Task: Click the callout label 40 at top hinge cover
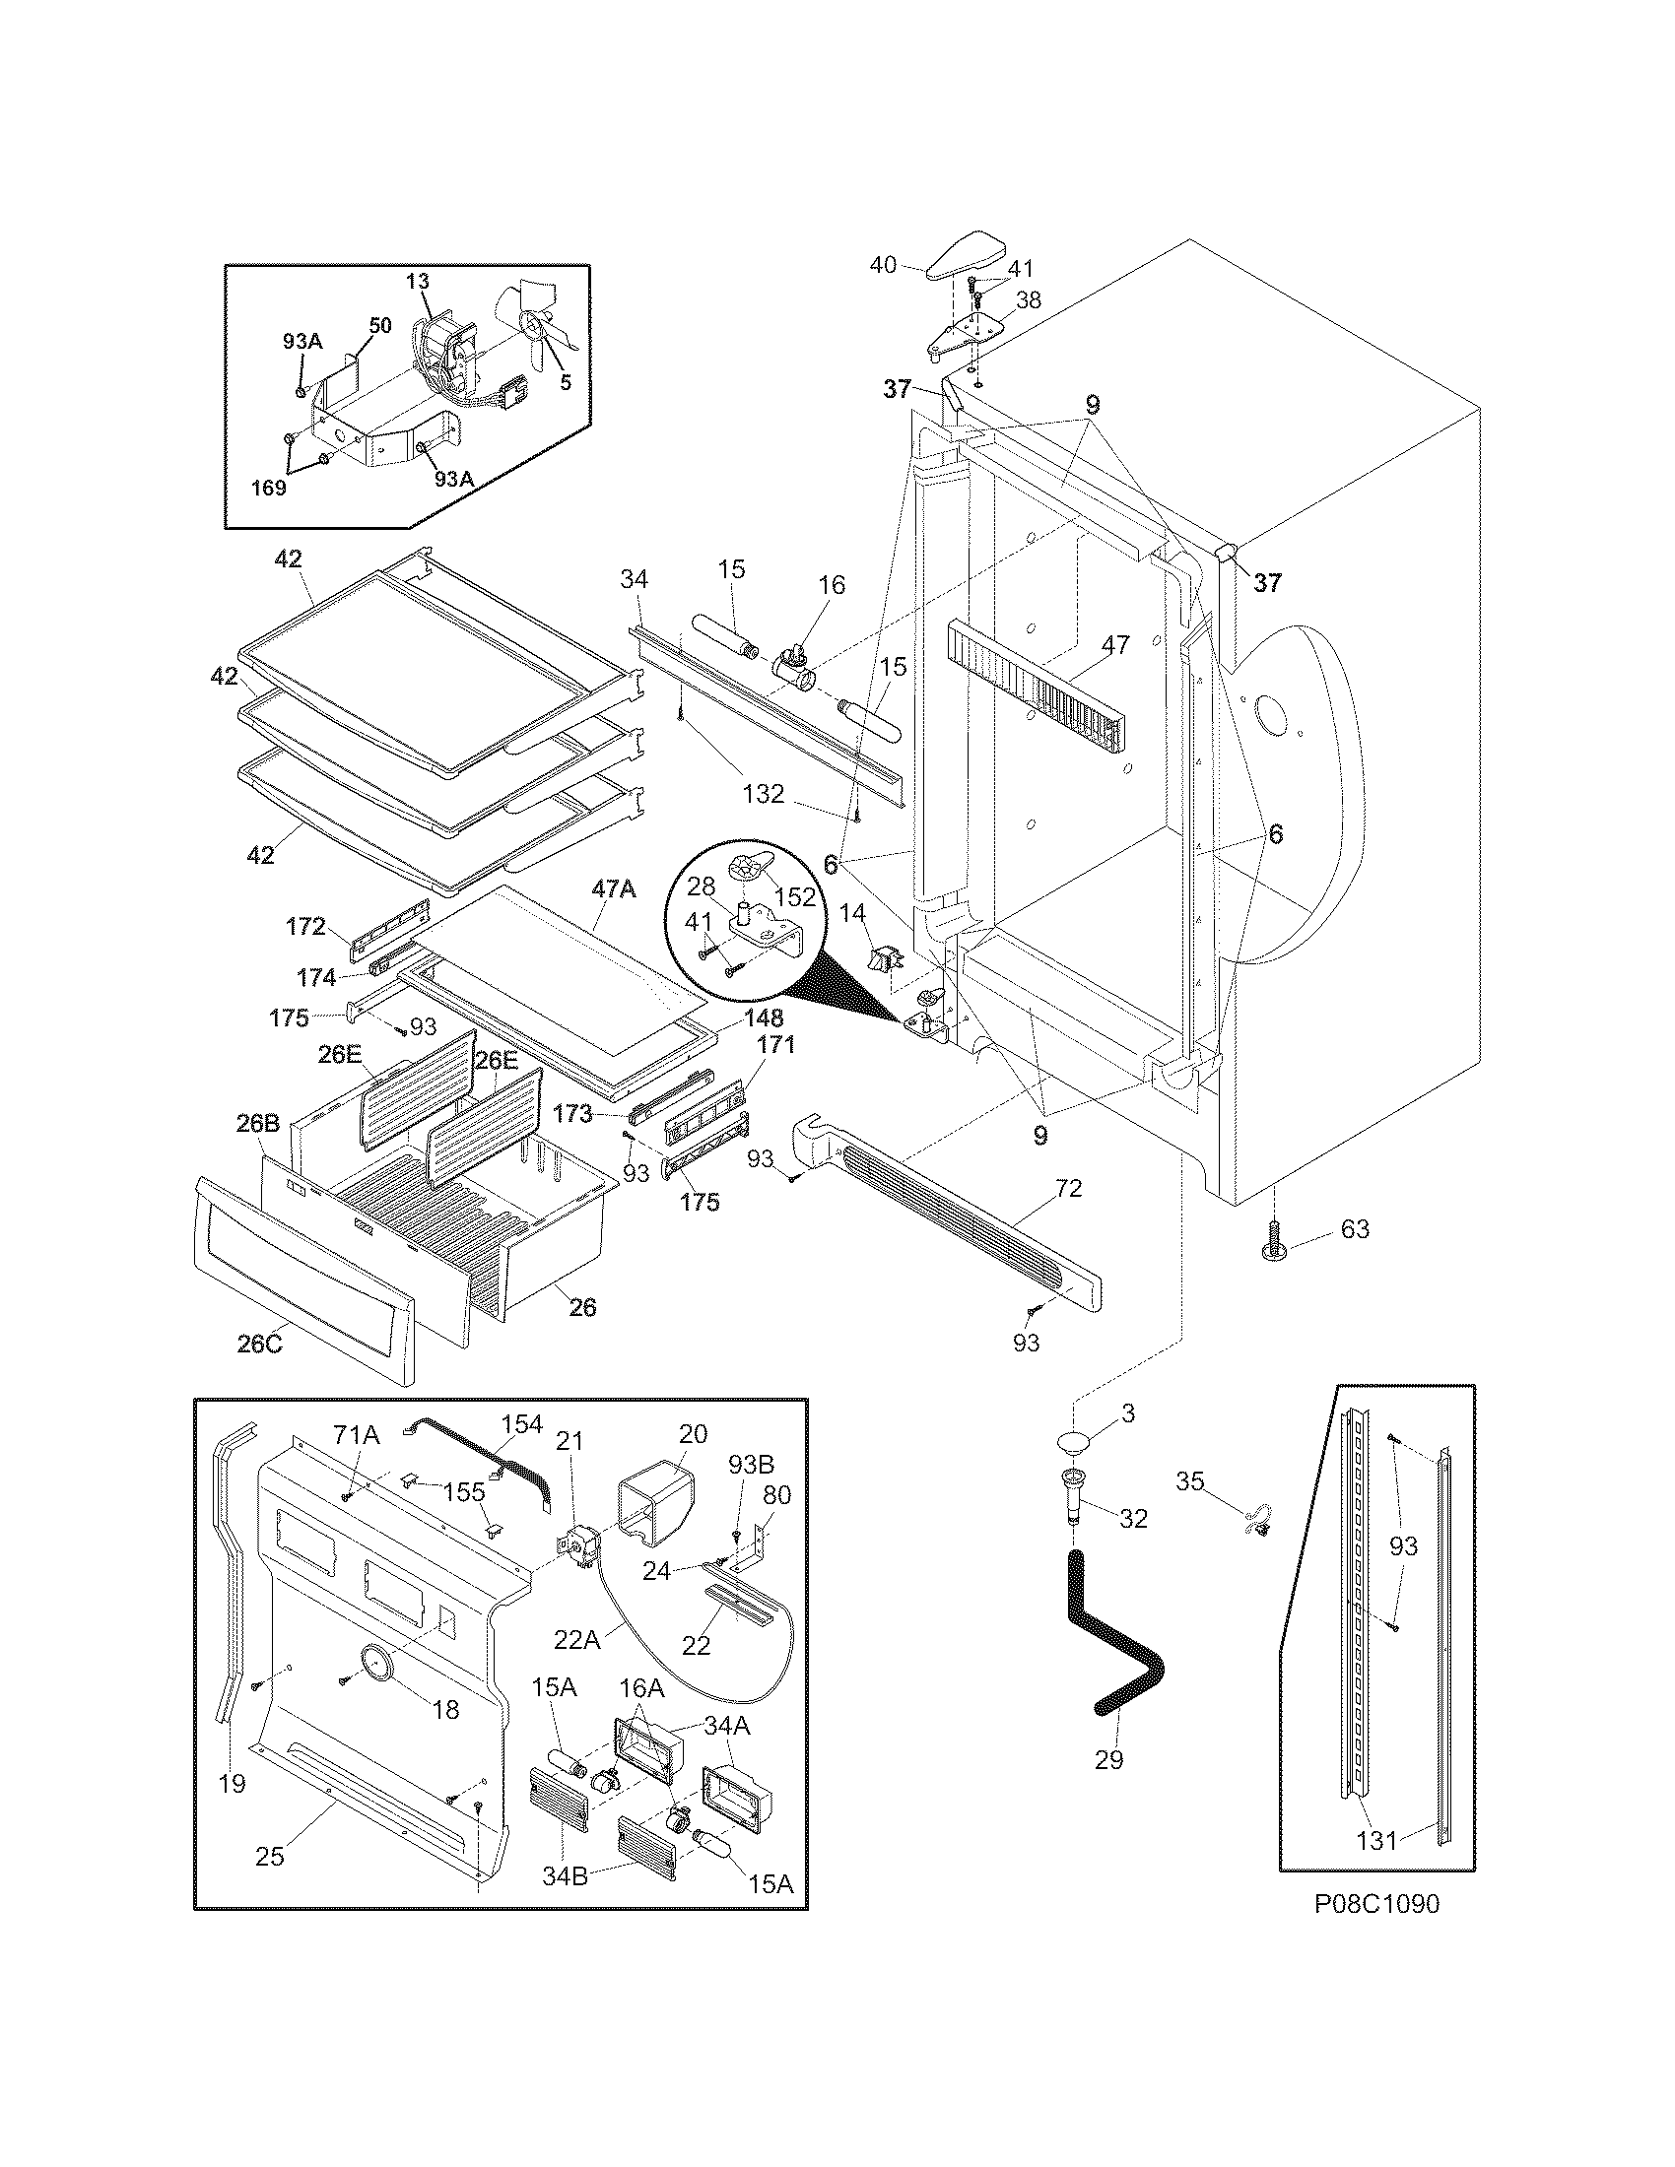tap(882, 264)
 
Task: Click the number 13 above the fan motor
tap(417, 281)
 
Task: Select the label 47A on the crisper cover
tap(613, 889)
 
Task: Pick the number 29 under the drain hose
tap(1108, 1759)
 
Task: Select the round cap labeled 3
tap(1075, 1442)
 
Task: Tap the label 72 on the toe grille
tap(1068, 1188)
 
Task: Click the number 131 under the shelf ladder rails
tap(1376, 1841)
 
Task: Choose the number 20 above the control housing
tap(693, 1433)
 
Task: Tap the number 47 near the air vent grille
tap(1114, 644)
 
